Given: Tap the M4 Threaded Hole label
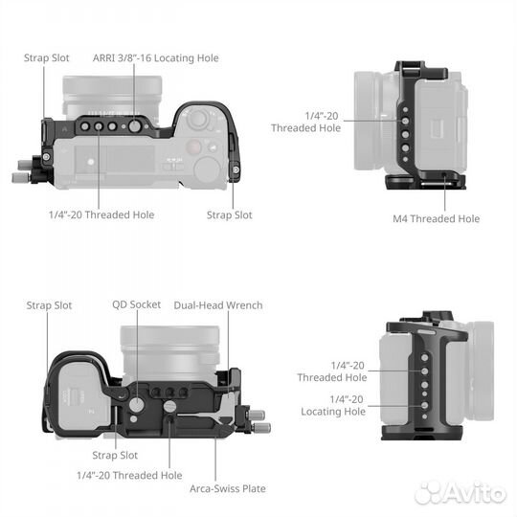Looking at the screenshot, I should (436, 219).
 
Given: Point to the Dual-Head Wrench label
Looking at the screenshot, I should (217, 305).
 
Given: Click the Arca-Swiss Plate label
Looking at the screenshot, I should (227, 487).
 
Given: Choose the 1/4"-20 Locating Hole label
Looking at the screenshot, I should (332, 405).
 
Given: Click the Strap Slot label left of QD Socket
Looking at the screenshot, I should (49, 305).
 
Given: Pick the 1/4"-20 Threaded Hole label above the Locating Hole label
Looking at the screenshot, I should (332, 371).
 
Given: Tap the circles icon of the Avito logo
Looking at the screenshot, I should (432, 492).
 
